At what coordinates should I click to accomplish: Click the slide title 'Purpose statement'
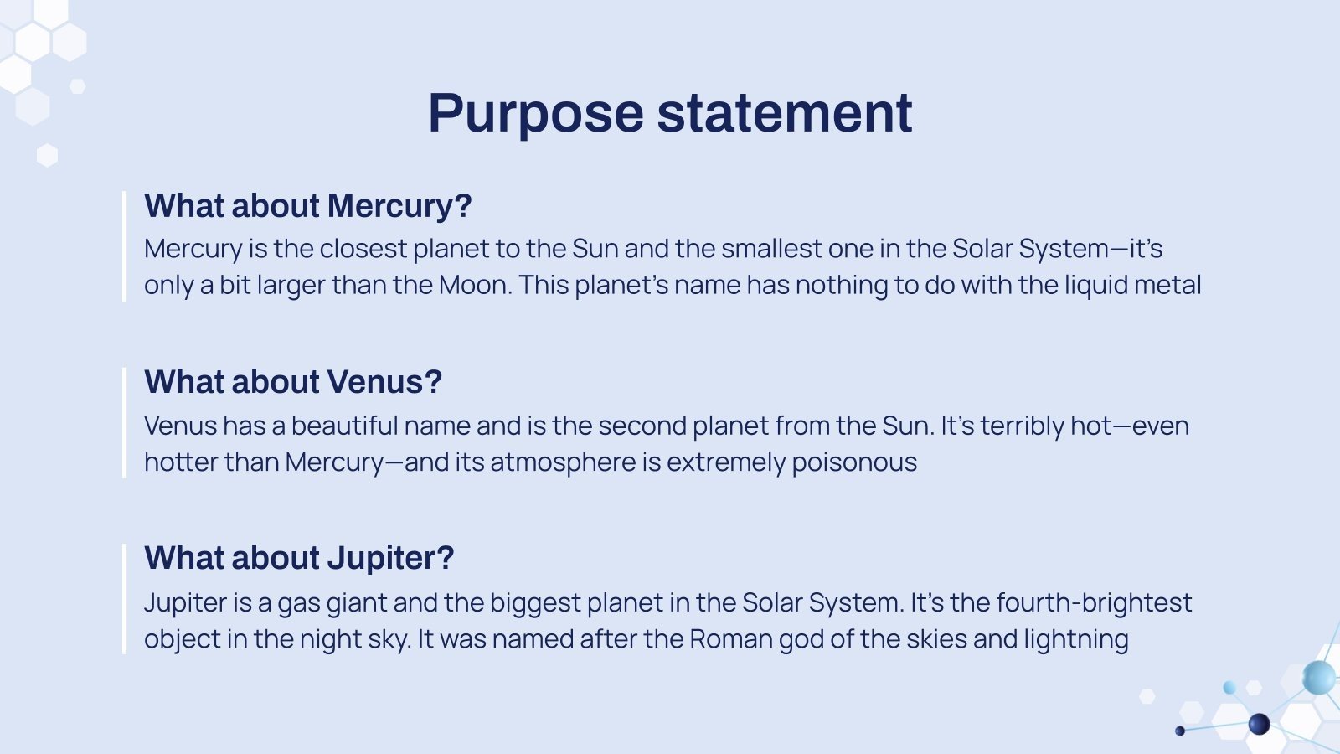(x=670, y=114)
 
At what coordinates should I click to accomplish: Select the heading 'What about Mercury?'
(x=308, y=206)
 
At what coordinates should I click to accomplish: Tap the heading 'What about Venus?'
(x=293, y=382)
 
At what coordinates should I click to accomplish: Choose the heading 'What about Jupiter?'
(x=299, y=558)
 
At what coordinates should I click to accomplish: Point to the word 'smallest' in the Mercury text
(x=771, y=248)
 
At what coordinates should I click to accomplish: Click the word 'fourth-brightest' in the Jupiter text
(x=1094, y=603)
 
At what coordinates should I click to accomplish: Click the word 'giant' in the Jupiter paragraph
(x=357, y=603)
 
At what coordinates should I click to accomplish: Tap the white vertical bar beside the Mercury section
(x=125, y=246)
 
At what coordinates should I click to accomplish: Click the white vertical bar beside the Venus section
(x=125, y=422)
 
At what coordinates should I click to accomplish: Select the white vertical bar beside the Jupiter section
(x=125, y=599)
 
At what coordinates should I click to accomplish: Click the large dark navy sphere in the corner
(x=1260, y=724)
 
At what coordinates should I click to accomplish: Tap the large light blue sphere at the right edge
(x=1319, y=678)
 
